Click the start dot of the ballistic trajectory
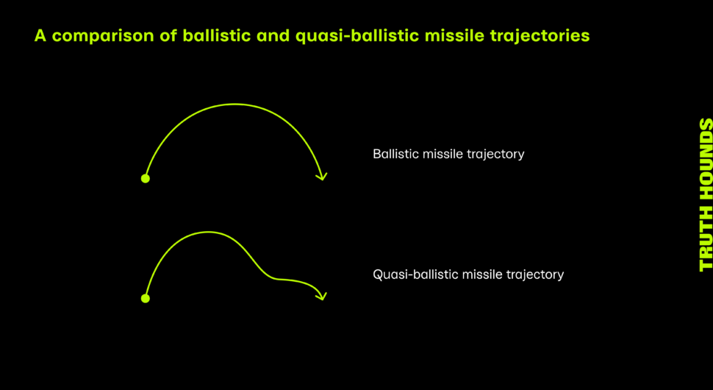145,178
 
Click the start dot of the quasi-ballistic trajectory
145,299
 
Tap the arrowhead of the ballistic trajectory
323,176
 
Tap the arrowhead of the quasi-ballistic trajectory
323,297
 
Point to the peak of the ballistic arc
234,104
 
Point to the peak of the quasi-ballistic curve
208,232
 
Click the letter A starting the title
40,35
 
